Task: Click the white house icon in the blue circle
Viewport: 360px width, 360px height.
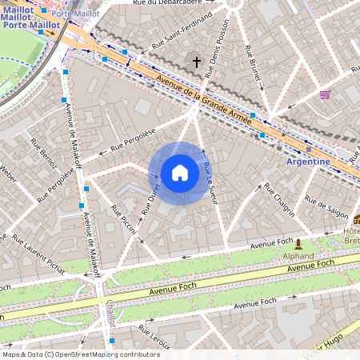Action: pyautogui.click(x=180, y=173)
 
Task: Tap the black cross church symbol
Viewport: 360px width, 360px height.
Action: pyautogui.click(x=197, y=61)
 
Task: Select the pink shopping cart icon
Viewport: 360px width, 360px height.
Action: pyautogui.click(x=325, y=94)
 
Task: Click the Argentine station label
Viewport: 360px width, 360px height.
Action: pyautogui.click(x=308, y=162)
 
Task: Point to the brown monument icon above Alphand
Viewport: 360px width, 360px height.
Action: pyautogui.click(x=298, y=244)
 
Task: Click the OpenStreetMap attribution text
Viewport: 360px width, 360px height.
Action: pyautogui.click(x=80, y=354)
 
